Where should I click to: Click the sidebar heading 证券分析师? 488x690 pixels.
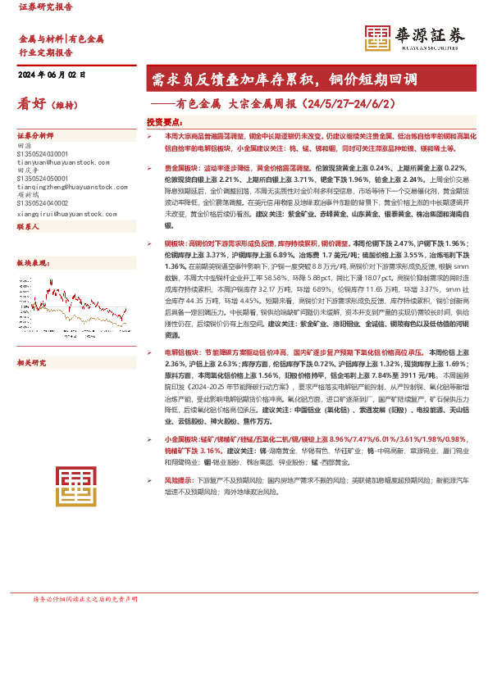(35, 135)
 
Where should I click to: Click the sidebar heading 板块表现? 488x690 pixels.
(32, 263)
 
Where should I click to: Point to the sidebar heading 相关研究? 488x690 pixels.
(32, 338)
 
